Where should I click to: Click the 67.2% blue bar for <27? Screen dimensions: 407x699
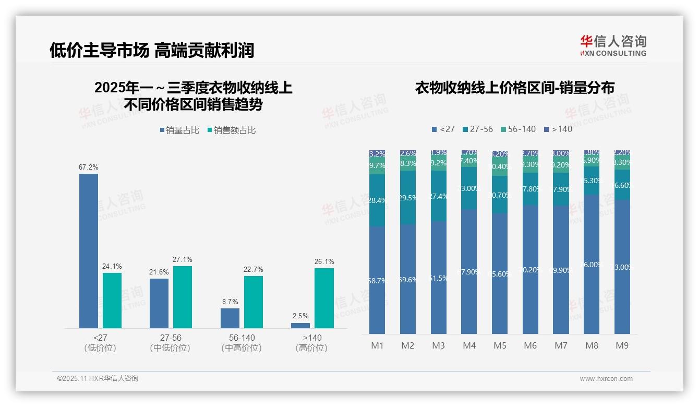pyautogui.click(x=89, y=250)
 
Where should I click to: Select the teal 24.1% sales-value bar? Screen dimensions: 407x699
pyautogui.click(x=112, y=301)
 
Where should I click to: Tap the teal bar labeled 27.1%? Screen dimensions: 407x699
pyautogui.click(x=183, y=297)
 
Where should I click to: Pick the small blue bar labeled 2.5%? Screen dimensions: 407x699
pyautogui.click(x=300, y=326)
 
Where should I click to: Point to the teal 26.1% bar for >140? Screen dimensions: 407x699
pyautogui.click(x=324, y=298)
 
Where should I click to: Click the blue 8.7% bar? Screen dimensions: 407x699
pyautogui.click(x=230, y=318)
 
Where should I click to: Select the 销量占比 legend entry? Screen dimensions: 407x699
pyautogui.click(x=180, y=130)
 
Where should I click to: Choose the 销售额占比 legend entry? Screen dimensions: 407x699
pyautogui.click(x=232, y=130)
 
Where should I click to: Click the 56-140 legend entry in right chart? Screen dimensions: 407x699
pyautogui.click(x=518, y=129)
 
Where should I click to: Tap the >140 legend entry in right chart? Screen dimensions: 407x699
pyautogui.click(x=558, y=129)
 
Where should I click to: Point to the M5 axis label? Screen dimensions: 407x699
pyautogui.click(x=500, y=345)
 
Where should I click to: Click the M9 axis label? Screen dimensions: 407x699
pyautogui.click(x=622, y=345)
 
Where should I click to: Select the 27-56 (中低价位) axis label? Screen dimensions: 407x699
pyautogui.click(x=170, y=342)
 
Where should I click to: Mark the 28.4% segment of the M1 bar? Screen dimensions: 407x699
pyautogui.click(x=377, y=200)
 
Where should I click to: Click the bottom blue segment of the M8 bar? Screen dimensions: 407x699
pyautogui.click(x=592, y=265)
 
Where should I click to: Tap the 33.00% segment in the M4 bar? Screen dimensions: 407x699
pyautogui.click(x=469, y=188)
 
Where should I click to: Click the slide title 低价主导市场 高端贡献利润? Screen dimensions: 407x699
pyautogui.click(x=151, y=51)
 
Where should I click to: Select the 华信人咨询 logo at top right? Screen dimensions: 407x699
pyautogui.click(x=613, y=45)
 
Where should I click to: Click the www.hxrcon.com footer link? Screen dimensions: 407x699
pyautogui.click(x=606, y=379)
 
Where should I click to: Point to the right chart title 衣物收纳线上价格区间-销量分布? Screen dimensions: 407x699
pyautogui.click(x=514, y=88)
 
